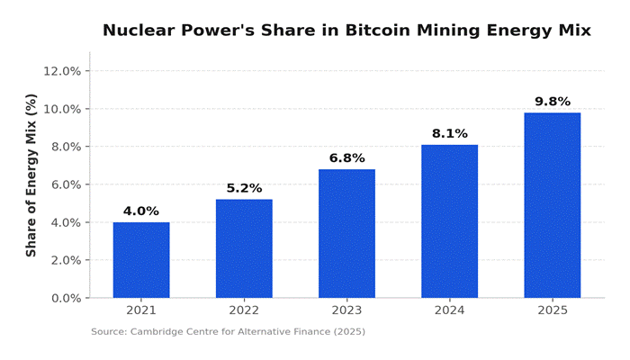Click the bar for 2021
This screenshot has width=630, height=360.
click(x=141, y=260)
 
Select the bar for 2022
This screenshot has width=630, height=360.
click(x=244, y=248)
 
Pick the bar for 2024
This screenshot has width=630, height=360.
click(x=449, y=221)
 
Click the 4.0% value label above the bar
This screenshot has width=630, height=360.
click(x=141, y=211)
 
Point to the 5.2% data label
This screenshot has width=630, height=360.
click(x=244, y=188)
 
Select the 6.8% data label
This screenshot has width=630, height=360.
click(x=346, y=158)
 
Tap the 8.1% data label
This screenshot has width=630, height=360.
click(x=449, y=134)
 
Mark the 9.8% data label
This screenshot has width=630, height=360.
click(x=552, y=102)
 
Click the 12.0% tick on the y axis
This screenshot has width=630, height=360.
click(x=63, y=71)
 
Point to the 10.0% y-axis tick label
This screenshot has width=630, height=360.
click(x=63, y=109)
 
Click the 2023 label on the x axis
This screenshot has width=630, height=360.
click(x=346, y=311)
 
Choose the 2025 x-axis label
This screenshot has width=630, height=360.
click(x=552, y=311)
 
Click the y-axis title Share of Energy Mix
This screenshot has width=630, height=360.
click(x=31, y=175)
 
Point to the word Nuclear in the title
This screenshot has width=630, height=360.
click(x=138, y=31)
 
